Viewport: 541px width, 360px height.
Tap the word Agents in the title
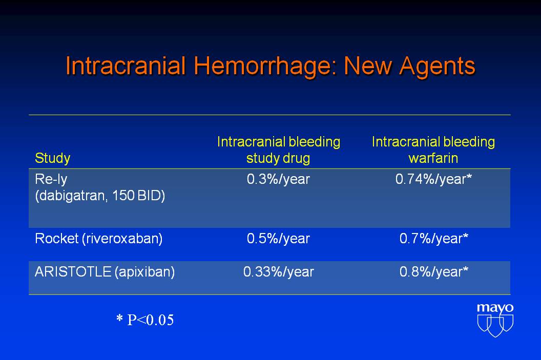438,66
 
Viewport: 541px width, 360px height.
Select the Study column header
52,158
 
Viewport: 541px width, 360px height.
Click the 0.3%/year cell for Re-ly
278,179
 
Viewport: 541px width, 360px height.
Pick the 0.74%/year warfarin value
433,179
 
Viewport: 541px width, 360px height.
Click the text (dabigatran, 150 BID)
100,196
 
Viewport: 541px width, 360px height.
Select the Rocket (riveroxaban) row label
99,239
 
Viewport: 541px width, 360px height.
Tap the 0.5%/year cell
278,239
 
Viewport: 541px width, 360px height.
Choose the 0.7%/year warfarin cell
434,239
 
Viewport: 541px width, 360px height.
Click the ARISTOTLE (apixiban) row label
105,272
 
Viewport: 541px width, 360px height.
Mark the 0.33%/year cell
278,272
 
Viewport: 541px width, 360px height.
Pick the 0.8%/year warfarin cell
434,272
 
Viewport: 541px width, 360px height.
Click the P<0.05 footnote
145,320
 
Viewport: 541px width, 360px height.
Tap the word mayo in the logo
495,308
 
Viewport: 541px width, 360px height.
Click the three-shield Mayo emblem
495,326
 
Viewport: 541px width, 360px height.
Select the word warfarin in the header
433,158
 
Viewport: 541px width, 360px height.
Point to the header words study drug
278,158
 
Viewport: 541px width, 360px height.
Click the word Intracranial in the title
126,66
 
